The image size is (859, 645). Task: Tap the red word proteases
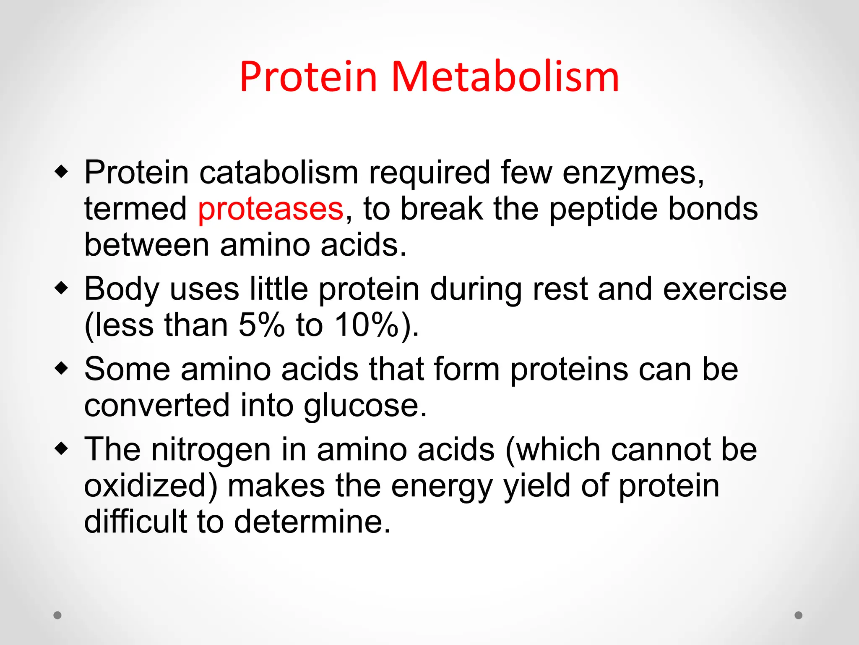click(x=271, y=209)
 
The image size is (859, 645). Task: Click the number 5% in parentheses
click(x=262, y=325)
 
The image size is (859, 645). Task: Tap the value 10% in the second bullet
click(x=367, y=325)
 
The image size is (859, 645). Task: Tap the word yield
click(x=536, y=486)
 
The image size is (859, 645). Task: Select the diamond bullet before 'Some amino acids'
click(x=61, y=369)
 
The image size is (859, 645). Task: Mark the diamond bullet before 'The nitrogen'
click(x=61, y=449)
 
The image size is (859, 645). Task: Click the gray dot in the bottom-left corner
click(x=57, y=615)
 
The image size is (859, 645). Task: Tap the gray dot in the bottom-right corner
click(x=799, y=615)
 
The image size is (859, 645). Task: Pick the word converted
click(x=157, y=406)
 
